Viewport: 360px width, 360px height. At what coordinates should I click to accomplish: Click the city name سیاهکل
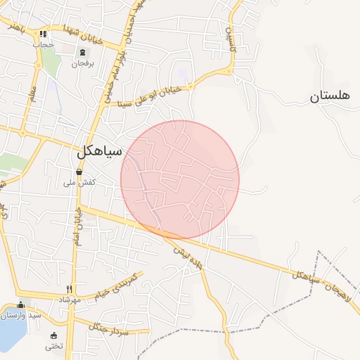click(x=98, y=150)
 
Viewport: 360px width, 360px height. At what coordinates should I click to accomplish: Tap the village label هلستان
click(x=328, y=96)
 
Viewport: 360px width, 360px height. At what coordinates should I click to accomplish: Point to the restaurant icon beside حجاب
click(x=44, y=33)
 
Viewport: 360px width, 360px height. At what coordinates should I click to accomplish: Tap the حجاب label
click(x=44, y=44)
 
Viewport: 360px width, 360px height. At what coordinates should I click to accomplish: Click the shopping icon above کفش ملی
click(x=79, y=172)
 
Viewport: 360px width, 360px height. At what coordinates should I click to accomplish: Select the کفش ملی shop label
click(x=79, y=183)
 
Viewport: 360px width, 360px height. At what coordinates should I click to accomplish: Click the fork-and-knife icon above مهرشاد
click(x=69, y=288)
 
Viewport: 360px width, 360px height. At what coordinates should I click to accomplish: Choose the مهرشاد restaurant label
click(x=69, y=300)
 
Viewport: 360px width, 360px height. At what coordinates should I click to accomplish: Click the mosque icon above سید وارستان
click(x=21, y=304)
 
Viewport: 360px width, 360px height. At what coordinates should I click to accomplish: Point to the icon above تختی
click(x=54, y=335)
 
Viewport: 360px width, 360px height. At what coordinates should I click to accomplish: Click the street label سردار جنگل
click(x=104, y=326)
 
